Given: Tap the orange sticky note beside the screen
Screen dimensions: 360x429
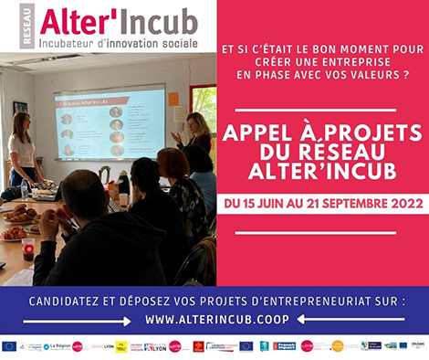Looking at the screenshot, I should point(173,99).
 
